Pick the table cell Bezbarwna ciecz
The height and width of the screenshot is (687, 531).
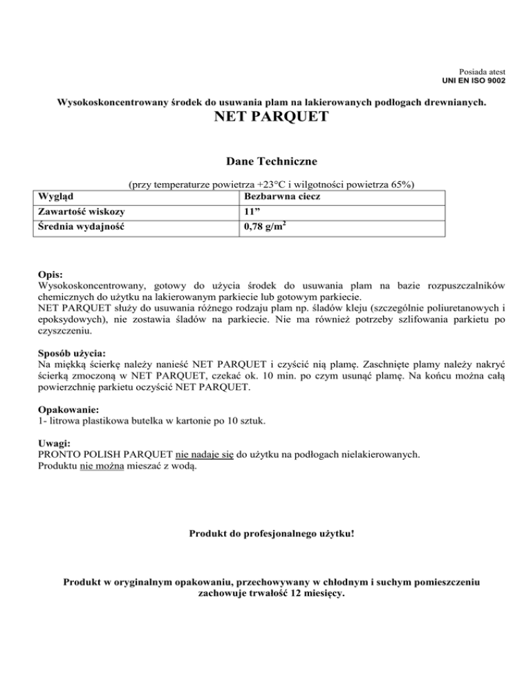tap(277, 197)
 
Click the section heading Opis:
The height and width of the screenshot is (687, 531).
tap(50, 274)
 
